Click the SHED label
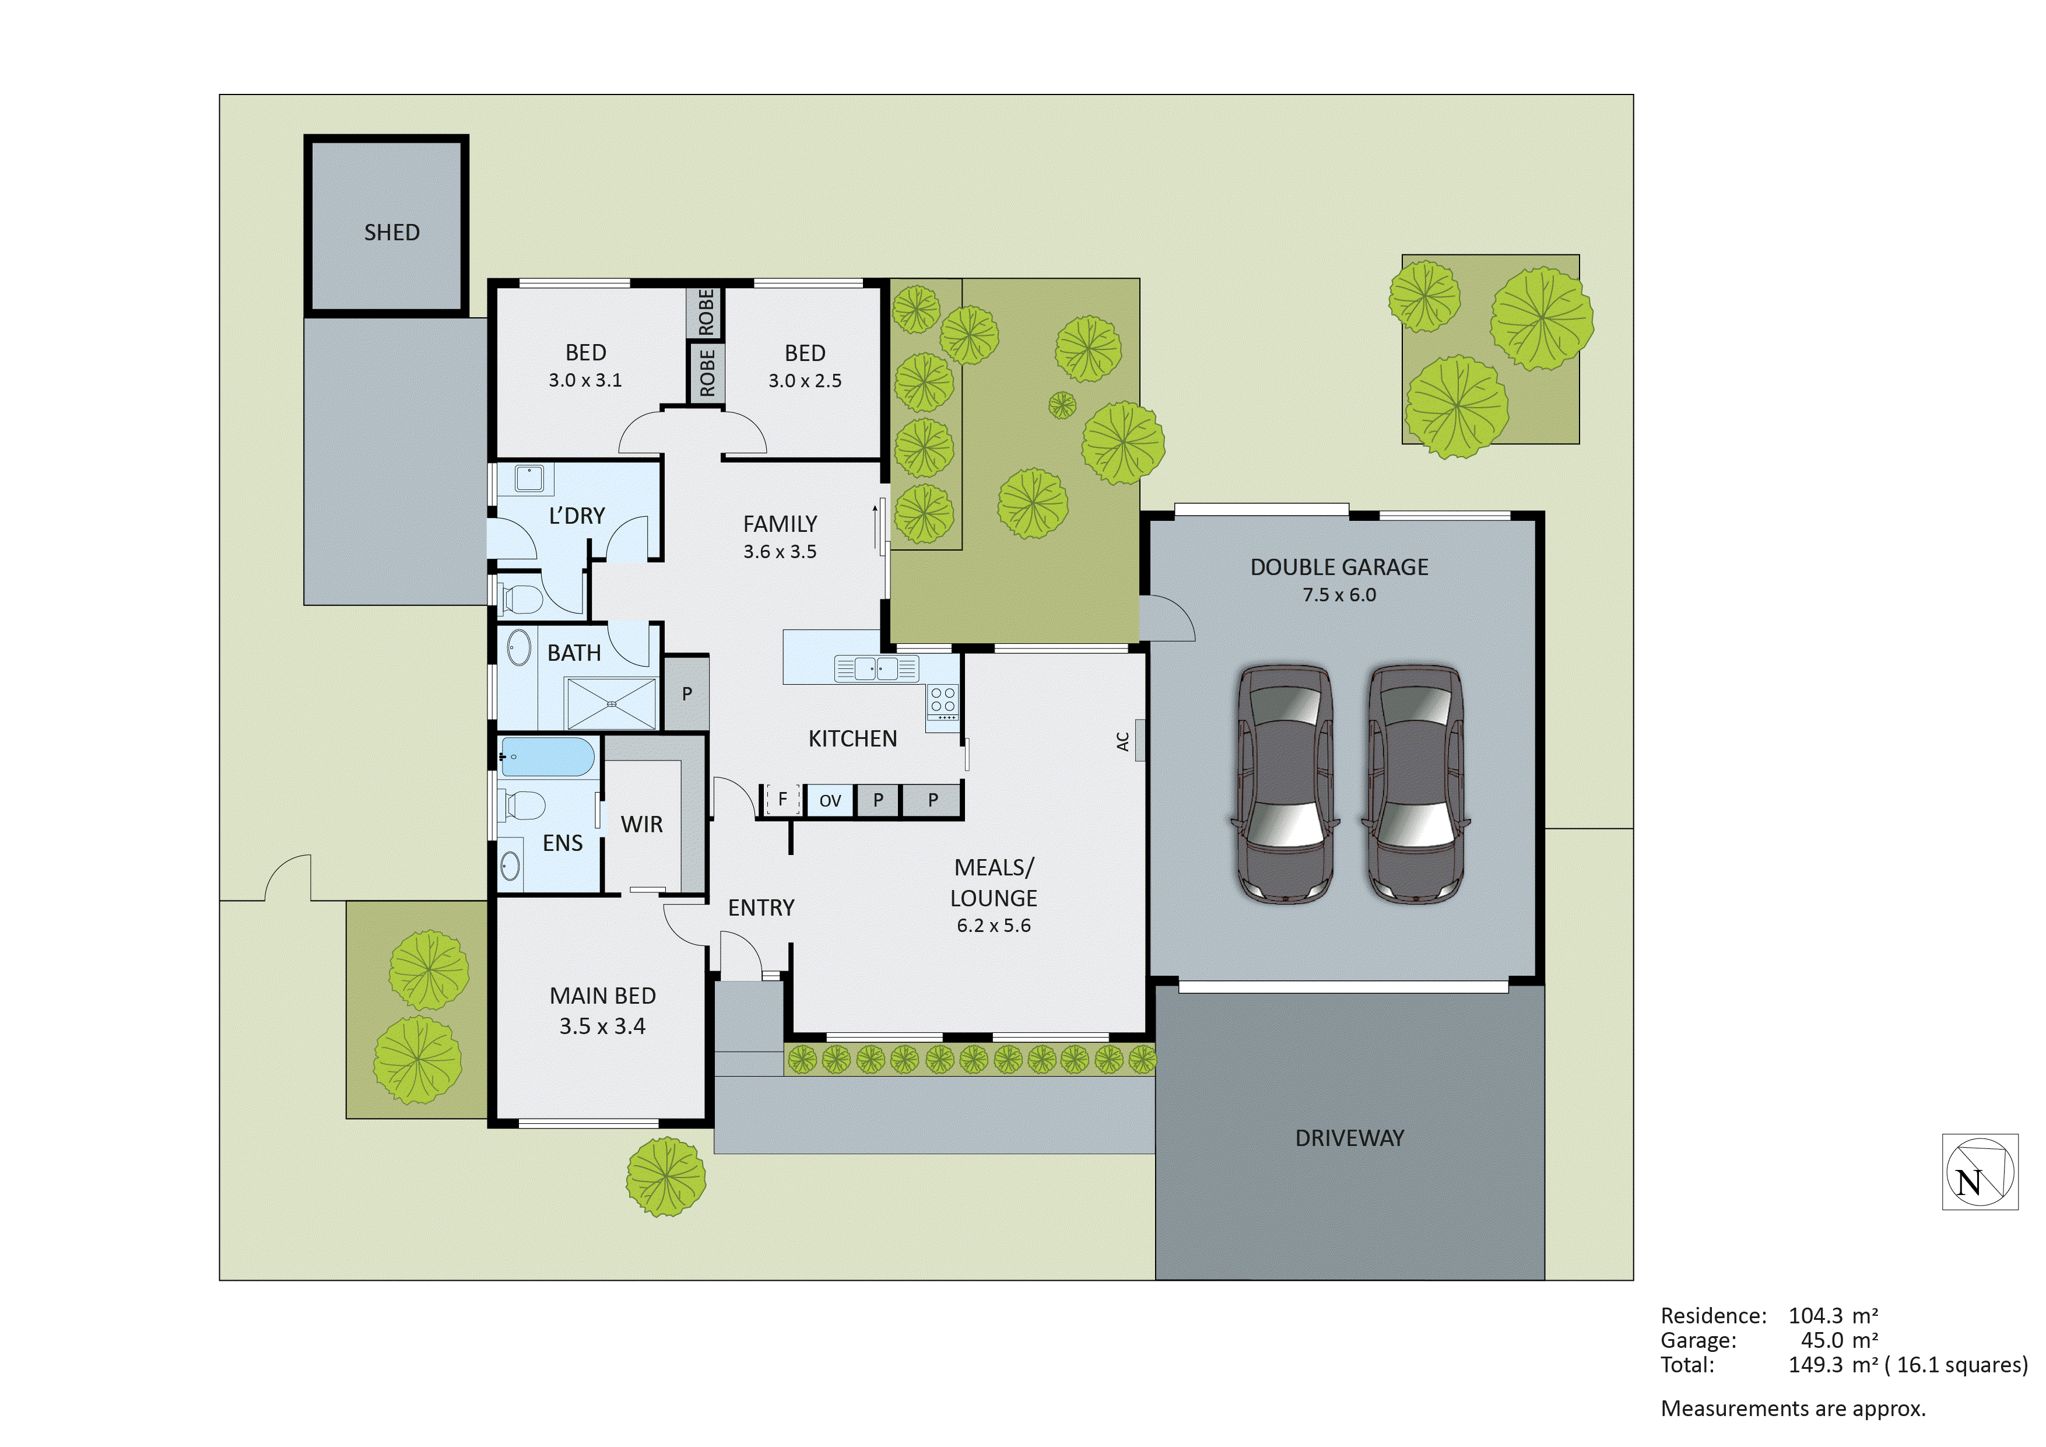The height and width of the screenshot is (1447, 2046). click(391, 233)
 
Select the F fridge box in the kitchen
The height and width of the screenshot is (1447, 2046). click(782, 800)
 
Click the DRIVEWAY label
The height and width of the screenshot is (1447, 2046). click(1349, 1138)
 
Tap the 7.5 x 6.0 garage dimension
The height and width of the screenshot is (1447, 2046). click(1339, 595)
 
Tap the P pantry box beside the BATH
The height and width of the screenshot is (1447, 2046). click(687, 693)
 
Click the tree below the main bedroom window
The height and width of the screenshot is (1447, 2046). click(666, 1178)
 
